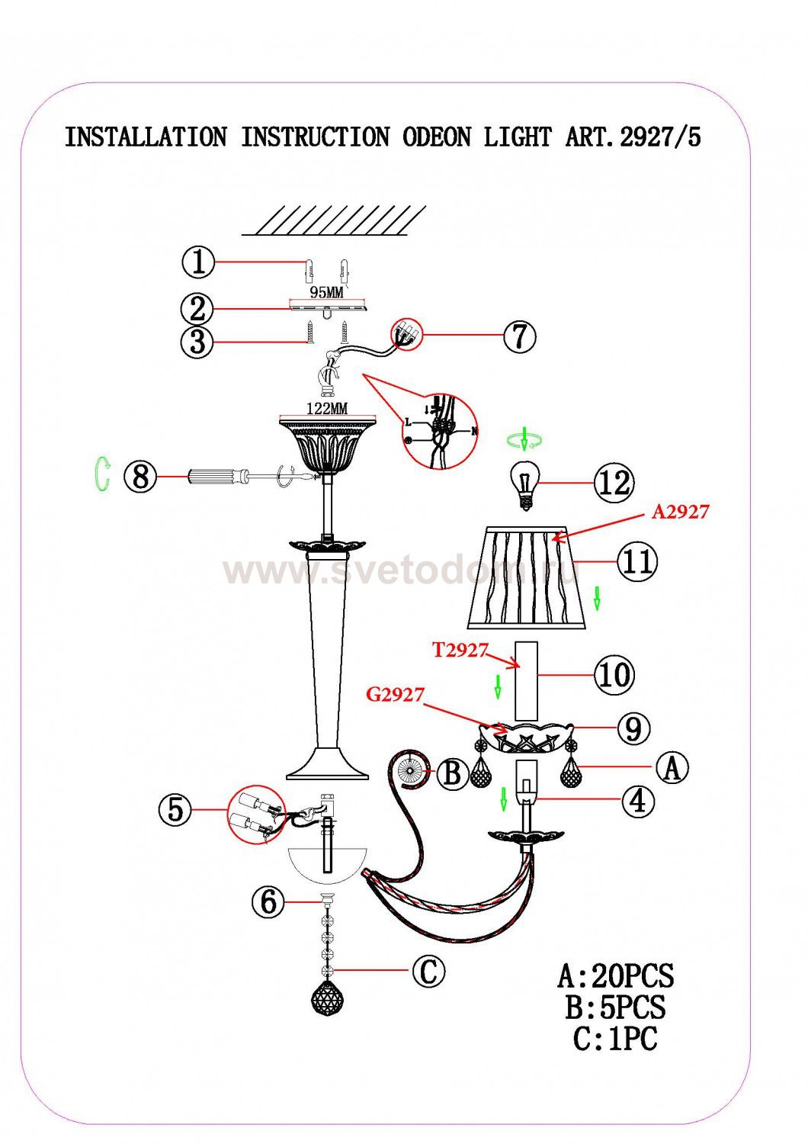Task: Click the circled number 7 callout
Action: tap(519, 336)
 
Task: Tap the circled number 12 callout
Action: tap(614, 483)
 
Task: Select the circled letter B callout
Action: tap(452, 774)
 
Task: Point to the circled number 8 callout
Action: tap(139, 477)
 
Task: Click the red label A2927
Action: tap(680, 512)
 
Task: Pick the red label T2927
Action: tap(460, 650)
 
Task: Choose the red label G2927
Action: tap(394, 695)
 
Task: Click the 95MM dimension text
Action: tap(327, 292)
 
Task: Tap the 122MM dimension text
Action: tap(326, 408)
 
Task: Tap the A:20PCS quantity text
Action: tap(615, 975)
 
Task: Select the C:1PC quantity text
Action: tap(615, 1038)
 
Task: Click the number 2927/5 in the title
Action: tap(660, 137)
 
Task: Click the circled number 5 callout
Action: tap(175, 809)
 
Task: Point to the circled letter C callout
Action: tap(428, 972)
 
